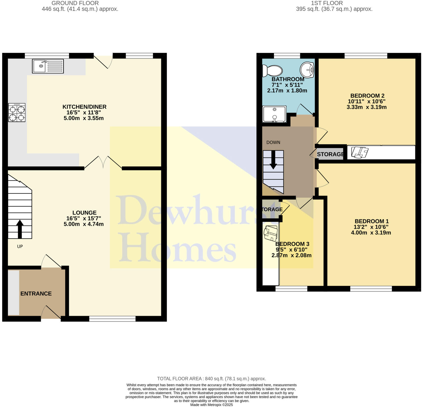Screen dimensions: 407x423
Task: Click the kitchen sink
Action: click(48, 66)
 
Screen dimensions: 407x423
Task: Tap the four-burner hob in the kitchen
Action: click(17, 112)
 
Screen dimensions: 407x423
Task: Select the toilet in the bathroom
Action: click(272, 71)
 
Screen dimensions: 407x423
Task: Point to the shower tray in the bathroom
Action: click(274, 114)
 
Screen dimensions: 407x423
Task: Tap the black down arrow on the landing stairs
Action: click(273, 160)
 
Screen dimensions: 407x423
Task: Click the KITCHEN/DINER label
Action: click(84, 107)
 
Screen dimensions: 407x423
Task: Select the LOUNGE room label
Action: click(84, 213)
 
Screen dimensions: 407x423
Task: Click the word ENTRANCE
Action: click(36, 294)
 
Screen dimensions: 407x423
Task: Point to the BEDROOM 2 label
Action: click(367, 96)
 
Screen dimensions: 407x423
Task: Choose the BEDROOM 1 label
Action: click(371, 221)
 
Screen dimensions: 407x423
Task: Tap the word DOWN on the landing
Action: click(273, 142)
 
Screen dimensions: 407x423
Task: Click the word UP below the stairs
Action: click(20, 246)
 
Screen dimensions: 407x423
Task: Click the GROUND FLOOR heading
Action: click(75, 3)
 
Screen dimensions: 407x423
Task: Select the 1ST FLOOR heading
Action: click(327, 3)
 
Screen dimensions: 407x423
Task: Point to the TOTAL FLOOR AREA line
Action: click(211, 379)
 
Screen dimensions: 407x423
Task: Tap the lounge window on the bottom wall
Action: click(112, 319)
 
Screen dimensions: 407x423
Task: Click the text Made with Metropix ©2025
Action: click(211, 405)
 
